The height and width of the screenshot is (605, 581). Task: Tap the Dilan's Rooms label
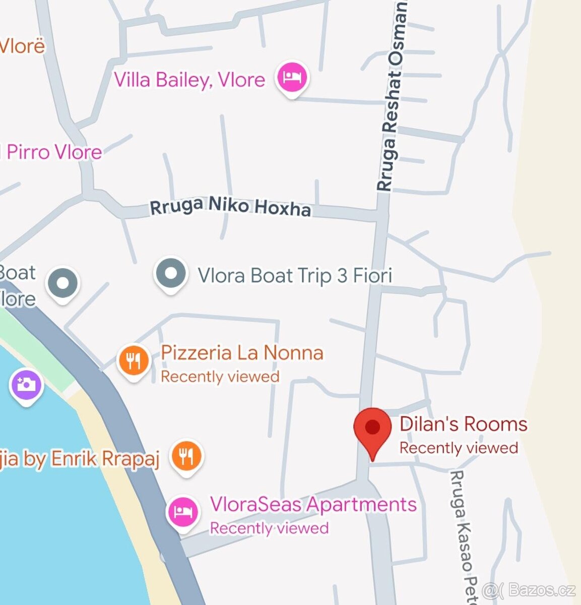tap(463, 424)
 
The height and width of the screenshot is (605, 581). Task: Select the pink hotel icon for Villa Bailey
tap(292, 77)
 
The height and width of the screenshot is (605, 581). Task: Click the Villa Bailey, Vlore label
tap(189, 80)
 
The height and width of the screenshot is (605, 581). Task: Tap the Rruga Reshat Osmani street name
tap(392, 96)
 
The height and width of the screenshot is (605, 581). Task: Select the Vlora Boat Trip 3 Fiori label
tap(295, 276)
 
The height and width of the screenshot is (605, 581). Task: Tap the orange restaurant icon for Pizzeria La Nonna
tap(133, 360)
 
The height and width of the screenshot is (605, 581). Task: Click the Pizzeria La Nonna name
tap(242, 352)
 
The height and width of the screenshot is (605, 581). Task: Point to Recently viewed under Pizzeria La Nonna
tap(220, 377)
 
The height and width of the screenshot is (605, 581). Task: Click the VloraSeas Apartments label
tap(313, 504)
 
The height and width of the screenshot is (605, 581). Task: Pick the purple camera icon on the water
tap(26, 385)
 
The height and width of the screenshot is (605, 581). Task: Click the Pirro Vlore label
tap(53, 152)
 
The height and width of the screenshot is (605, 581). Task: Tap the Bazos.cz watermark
tap(529, 590)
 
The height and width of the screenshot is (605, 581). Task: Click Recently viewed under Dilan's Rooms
tap(459, 448)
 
